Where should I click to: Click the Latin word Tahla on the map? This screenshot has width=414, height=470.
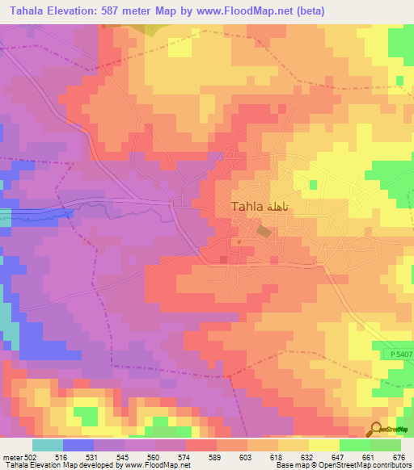coord(247,207)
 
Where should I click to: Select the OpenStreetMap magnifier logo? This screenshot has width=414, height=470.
coord(377,430)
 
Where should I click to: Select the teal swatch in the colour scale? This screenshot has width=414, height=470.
coord(47,445)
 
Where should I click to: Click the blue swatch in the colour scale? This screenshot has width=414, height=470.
coord(78,445)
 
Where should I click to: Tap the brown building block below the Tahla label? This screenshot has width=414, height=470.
coord(264,231)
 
